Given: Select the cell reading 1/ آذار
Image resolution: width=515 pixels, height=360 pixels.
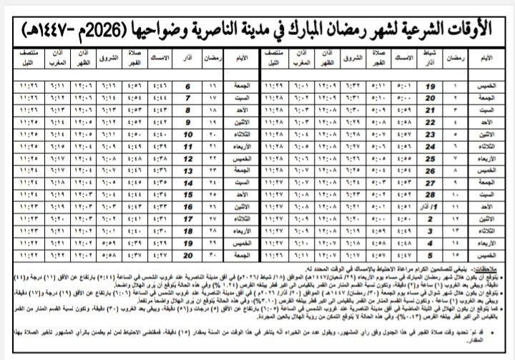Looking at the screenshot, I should (x=432, y=206).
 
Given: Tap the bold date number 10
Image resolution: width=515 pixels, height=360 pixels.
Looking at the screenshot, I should (x=189, y=134).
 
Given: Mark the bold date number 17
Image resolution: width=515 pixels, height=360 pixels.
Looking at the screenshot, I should (x=189, y=218).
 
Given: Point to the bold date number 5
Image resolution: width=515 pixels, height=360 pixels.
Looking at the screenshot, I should (x=431, y=254).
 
